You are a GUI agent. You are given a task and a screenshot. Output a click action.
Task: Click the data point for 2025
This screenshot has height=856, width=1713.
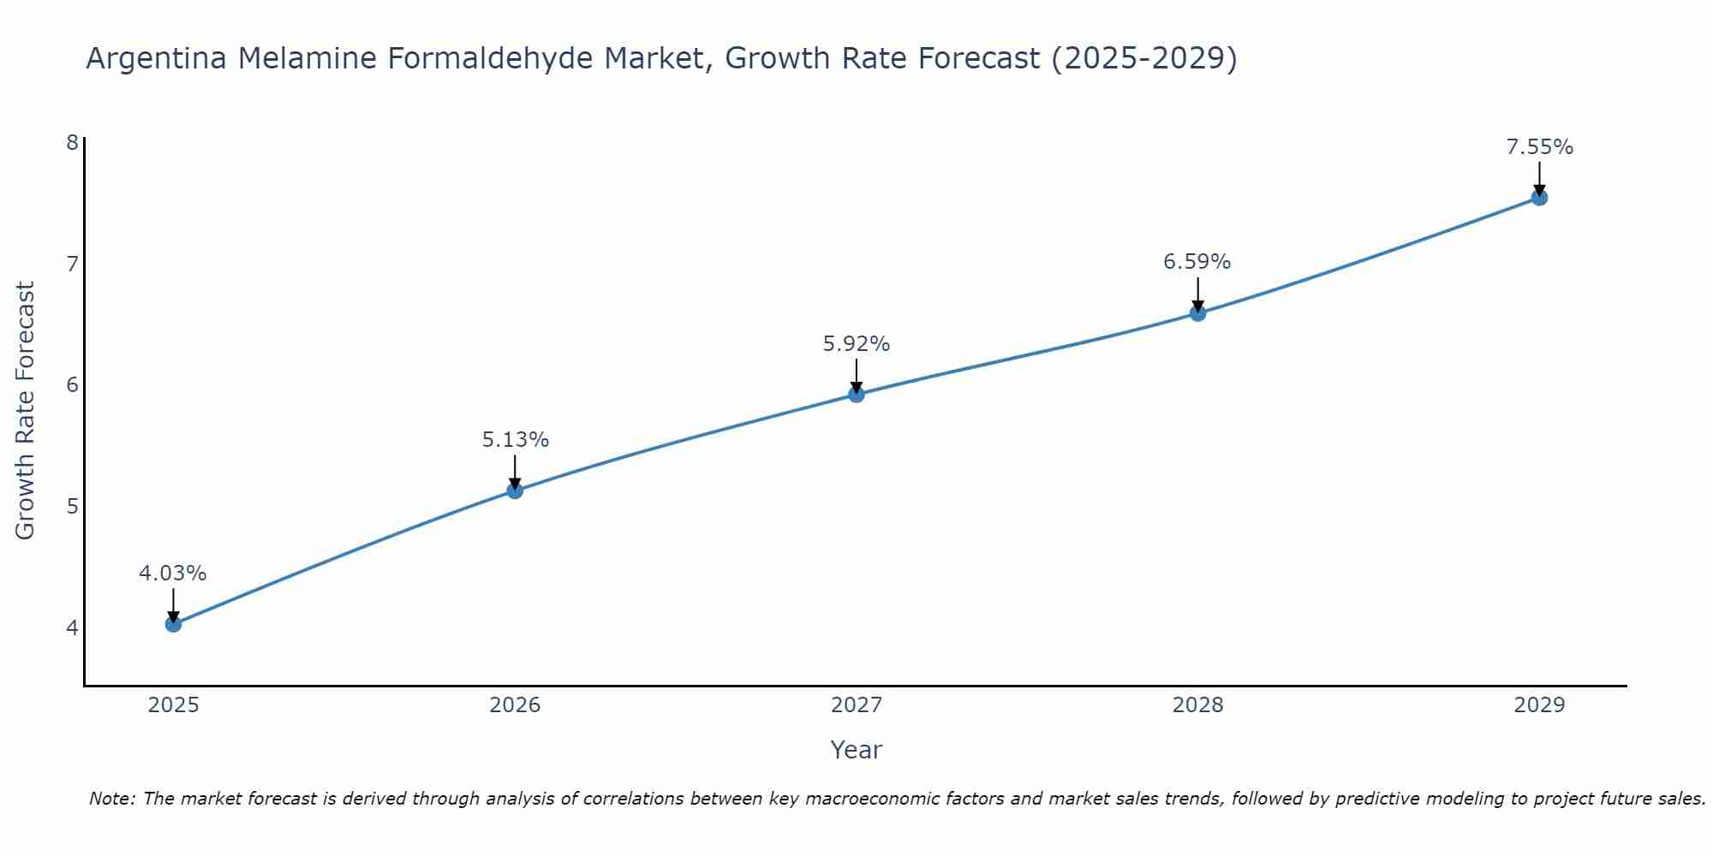click(173, 624)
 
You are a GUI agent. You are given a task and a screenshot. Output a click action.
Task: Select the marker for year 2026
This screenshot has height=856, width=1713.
click(515, 490)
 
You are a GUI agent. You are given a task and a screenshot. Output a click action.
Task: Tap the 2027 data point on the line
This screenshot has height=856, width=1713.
click(856, 395)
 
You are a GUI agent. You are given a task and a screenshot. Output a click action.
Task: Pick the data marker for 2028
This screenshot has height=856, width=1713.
click(1197, 313)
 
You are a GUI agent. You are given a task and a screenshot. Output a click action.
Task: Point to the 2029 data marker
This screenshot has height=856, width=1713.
click(1539, 198)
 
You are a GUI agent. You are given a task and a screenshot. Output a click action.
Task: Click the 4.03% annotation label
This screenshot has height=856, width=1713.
click(173, 574)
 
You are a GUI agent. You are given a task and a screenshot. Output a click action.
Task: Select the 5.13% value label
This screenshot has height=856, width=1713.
click(515, 440)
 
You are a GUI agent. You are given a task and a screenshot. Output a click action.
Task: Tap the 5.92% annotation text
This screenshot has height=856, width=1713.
click(856, 344)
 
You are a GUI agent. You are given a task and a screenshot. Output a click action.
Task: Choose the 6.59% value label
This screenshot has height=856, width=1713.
click(1197, 262)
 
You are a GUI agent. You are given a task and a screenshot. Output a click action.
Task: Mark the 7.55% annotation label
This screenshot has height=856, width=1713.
click(1539, 147)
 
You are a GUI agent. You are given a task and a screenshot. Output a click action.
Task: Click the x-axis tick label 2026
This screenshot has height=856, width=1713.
click(515, 705)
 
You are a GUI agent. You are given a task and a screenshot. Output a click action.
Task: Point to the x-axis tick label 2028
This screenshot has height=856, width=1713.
click(1197, 705)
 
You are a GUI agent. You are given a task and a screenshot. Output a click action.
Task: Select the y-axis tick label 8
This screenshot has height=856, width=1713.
click(72, 142)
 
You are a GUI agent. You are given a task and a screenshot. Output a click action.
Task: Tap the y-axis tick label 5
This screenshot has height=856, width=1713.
click(72, 506)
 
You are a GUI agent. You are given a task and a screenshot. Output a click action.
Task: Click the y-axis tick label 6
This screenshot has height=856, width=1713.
click(72, 384)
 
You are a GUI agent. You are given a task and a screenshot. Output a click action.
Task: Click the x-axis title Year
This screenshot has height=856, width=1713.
click(856, 750)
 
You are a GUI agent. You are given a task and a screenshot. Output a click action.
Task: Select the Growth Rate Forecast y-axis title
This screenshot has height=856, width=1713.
click(26, 411)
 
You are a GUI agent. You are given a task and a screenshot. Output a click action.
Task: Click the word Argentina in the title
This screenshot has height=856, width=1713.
click(157, 59)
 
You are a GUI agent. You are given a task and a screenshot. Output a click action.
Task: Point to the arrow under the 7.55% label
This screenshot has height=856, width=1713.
click(1539, 178)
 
